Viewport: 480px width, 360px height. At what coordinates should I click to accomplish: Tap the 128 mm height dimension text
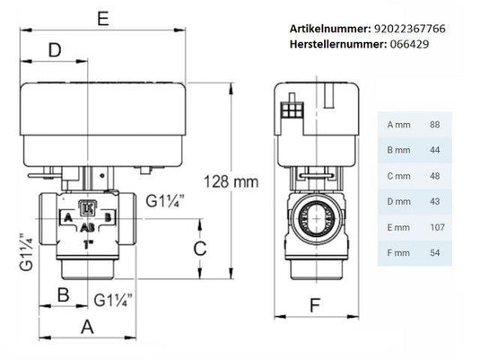tap(230, 180)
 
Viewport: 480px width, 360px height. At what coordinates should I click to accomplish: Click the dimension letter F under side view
tap(314, 304)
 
